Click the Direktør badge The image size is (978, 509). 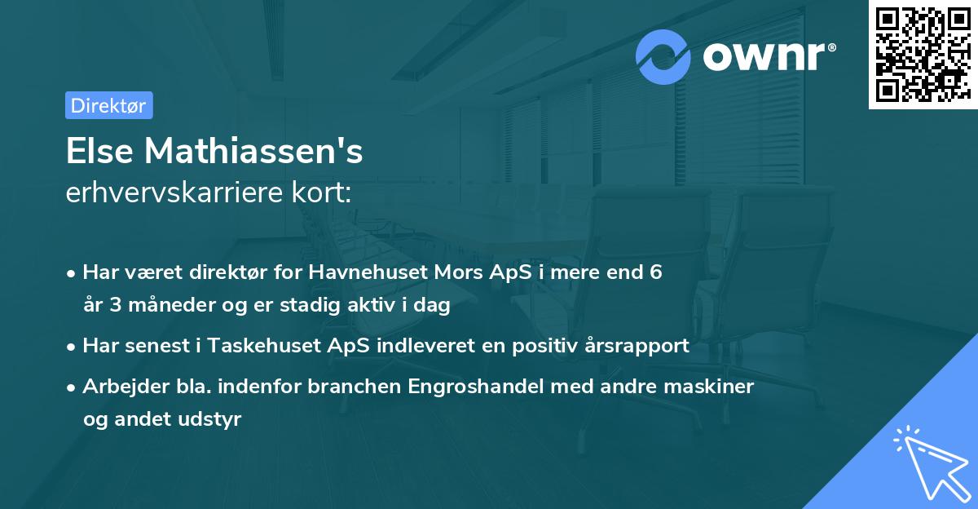[x=108, y=105]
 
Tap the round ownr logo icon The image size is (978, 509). [x=663, y=56]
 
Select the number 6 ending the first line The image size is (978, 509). [x=655, y=272]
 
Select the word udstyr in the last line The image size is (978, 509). [x=214, y=419]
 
